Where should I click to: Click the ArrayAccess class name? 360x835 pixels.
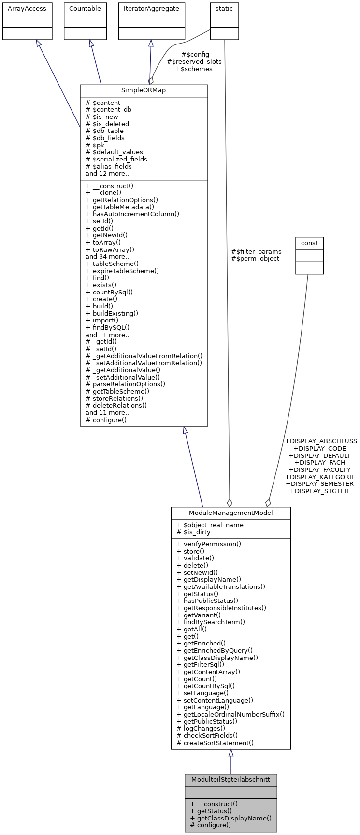(x=27, y=9)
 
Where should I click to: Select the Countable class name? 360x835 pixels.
(x=85, y=9)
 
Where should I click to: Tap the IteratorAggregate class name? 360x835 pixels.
(x=151, y=9)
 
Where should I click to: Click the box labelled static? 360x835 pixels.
(x=224, y=9)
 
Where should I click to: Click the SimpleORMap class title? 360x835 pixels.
(x=144, y=91)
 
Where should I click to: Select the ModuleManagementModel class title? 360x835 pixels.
(x=230, y=513)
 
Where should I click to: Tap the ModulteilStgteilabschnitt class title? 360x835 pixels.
(x=230, y=780)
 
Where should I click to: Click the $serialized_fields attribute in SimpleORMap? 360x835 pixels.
(x=116, y=159)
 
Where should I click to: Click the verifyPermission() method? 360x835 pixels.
(x=209, y=544)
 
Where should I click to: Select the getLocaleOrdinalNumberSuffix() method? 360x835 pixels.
(x=230, y=714)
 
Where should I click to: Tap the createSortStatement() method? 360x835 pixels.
(x=215, y=743)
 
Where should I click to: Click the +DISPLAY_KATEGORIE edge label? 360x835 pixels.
(x=320, y=477)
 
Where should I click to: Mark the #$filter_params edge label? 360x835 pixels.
(x=256, y=251)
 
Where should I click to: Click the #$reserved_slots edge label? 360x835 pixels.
(x=194, y=62)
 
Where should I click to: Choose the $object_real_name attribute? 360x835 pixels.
(x=210, y=525)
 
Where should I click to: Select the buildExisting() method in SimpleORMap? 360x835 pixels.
(x=112, y=313)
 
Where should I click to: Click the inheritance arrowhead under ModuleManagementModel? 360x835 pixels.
(x=231, y=753)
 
